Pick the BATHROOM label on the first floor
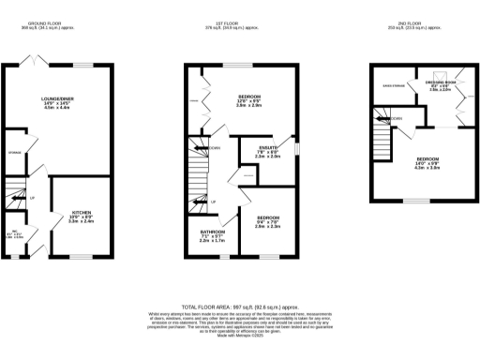(212, 232)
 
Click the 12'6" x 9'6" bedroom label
(248, 97)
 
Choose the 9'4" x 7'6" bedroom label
(268, 217)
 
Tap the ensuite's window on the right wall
(297, 149)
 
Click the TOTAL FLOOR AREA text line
(240, 307)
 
